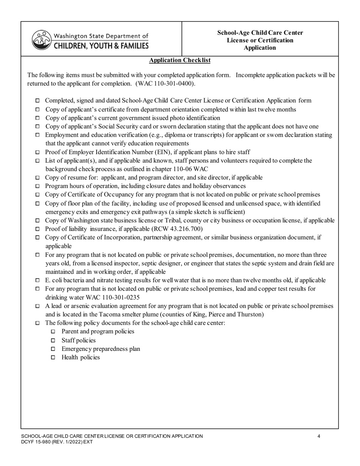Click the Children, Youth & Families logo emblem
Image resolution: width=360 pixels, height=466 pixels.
point(41,40)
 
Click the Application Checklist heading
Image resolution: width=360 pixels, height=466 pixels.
point(180,60)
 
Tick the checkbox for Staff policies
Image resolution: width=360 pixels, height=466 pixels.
point(53,340)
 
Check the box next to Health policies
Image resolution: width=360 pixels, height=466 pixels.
point(53,357)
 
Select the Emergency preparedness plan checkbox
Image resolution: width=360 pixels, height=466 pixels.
point(53,349)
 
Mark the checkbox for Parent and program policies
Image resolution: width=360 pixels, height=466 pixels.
point(53,332)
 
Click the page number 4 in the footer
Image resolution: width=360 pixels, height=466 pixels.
point(319,436)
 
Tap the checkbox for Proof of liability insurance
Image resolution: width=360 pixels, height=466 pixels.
point(37,229)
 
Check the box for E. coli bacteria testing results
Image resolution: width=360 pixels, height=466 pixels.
point(37,281)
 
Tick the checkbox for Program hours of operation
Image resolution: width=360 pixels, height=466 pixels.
point(37,186)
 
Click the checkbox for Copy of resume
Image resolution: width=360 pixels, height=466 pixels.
point(37,178)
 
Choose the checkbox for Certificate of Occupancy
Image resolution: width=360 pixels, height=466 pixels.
point(37,195)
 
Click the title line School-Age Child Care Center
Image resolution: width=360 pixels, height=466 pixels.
point(260,33)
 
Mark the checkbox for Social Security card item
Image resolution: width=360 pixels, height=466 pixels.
point(37,127)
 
